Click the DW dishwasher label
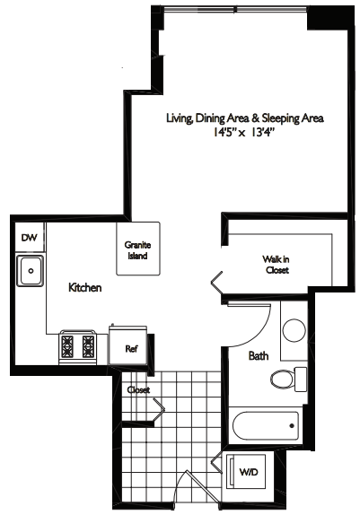click(x=29, y=238)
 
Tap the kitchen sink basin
click(x=31, y=268)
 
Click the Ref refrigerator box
click(x=130, y=347)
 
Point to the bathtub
click(x=265, y=424)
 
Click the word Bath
click(x=259, y=356)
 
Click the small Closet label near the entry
click(x=138, y=390)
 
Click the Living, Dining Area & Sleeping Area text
click(x=244, y=118)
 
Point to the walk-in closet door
click(x=217, y=282)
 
